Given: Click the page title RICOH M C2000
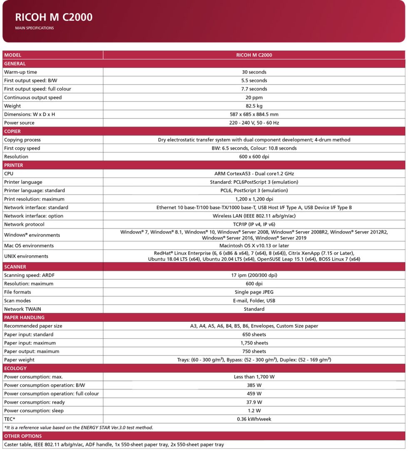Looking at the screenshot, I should (54, 17).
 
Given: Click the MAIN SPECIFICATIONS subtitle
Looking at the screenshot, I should (34, 28).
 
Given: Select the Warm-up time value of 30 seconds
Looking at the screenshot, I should (254, 72).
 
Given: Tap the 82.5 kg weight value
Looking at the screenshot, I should (254, 106).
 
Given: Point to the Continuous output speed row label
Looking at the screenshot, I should (33, 98).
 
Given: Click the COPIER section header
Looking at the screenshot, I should (12, 131).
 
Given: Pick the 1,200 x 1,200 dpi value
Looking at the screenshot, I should (254, 199).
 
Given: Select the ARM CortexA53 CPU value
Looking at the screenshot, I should (254, 174).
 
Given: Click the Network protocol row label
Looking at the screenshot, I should (24, 225).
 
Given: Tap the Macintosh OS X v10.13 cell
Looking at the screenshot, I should (254, 246).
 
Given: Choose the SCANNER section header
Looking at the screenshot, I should (15, 267).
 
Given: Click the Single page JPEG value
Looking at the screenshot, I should (254, 292).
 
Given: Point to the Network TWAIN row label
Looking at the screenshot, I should (22, 309).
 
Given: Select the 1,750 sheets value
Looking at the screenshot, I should (254, 343).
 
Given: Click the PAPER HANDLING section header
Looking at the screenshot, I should (24, 318).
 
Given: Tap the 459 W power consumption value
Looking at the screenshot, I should (254, 394).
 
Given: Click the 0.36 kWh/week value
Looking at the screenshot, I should (254, 419).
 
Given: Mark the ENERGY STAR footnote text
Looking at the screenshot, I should (79, 427).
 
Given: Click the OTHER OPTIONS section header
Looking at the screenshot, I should (23, 436).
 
